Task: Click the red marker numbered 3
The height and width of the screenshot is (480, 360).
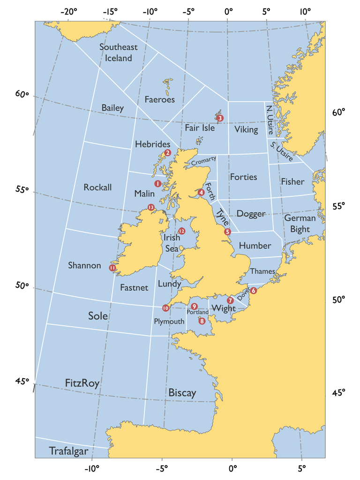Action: [220, 118]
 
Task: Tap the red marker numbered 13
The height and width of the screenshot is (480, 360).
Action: [150, 207]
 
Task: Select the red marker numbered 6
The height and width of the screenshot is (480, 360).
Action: [254, 291]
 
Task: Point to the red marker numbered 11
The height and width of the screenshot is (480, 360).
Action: [112, 268]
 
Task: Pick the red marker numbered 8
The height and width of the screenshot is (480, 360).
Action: [202, 321]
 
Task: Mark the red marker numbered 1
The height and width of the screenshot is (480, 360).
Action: [158, 183]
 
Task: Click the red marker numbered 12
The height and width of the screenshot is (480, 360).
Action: [181, 231]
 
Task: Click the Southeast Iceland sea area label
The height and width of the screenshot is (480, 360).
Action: [119, 52]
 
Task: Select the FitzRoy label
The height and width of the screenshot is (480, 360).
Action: [82, 383]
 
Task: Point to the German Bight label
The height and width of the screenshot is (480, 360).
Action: [300, 223]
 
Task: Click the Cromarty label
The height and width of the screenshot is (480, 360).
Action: [204, 161]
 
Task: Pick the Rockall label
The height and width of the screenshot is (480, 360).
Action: [97, 187]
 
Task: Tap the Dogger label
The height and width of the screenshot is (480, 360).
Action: [251, 214]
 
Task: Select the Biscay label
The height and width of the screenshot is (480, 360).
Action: [182, 393]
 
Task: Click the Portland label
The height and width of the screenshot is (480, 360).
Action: [197, 312]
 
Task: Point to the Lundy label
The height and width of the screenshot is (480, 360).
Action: [169, 284]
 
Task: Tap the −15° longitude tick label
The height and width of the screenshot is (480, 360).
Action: [110, 11]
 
